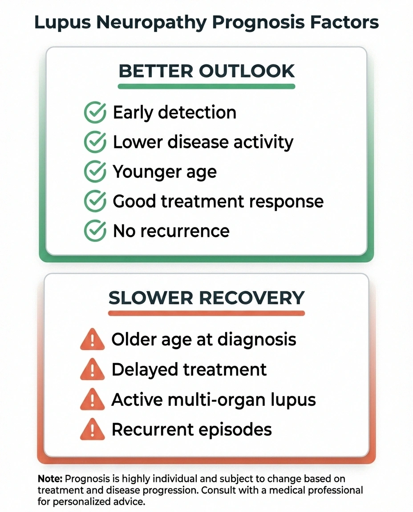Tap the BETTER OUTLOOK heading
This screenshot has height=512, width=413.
pyautogui.click(x=206, y=71)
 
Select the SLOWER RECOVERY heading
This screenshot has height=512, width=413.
pyautogui.click(x=206, y=297)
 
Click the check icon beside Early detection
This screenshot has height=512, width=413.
pyautogui.click(x=95, y=112)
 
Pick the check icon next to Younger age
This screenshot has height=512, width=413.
pyautogui.click(x=95, y=172)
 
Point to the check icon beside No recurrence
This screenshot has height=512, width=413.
pyautogui.click(x=95, y=231)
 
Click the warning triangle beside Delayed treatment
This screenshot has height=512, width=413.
pyautogui.click(x=92, y=370)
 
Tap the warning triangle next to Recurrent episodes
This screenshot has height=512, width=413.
pyautogui.click(x=92, y=430)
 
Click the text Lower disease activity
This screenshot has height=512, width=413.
pyautogui.click(x=203, y=142)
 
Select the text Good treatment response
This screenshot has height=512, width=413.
pyautogui.click(x=218, y=202)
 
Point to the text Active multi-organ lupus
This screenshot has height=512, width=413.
pyautogui.click(x=214, y=400)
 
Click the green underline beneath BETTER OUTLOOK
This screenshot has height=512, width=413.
pyautogui.click(x=206, y=86)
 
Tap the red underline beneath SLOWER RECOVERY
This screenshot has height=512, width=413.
pyautogui.click(x=206, y=313)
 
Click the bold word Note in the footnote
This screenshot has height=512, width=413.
pyautogui.click(x=50, y=479)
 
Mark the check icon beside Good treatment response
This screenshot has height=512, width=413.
pyautogui.click(x=95, y=202)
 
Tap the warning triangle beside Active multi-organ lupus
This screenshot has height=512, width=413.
pyautogui.click(x=92, y=400)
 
